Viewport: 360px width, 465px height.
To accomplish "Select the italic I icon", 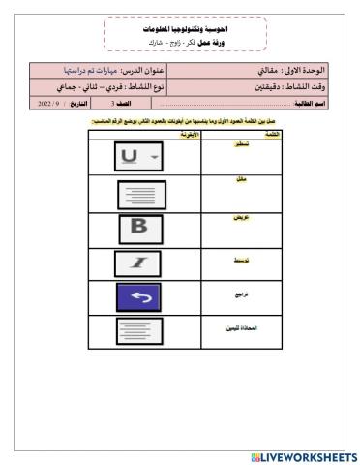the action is point(142,263).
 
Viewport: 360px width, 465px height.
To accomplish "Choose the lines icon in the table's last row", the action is point(142,332).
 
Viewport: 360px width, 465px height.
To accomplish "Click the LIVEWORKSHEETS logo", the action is point(303,455).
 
